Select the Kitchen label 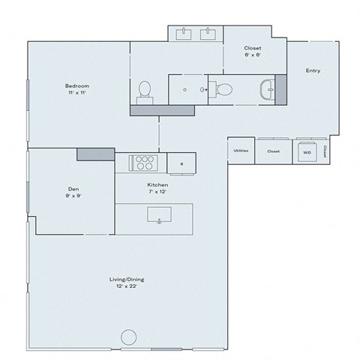[157, 184]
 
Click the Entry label [313, 70]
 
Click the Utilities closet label [241, 151]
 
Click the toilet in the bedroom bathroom [145, 90]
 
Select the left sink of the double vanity [184, 34]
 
